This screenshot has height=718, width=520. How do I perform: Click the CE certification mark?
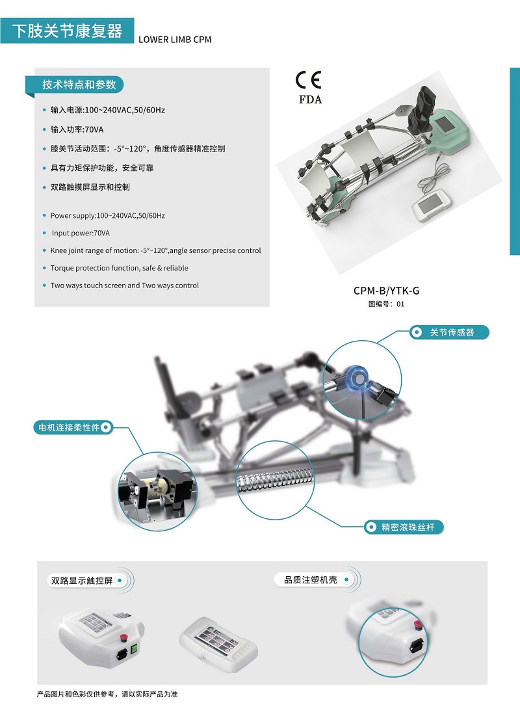(x=308, y=80)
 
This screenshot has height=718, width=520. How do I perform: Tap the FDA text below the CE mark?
(x=310, y=100)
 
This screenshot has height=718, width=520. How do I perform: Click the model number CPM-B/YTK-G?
(x=386, y=290)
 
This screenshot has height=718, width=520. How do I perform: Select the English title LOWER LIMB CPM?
(x=175, y=40)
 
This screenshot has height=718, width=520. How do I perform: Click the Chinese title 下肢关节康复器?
(x=68, y=31)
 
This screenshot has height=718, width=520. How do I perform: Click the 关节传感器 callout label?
(x=451, y=332)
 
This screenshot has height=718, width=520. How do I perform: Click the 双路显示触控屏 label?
(x=82, y=581)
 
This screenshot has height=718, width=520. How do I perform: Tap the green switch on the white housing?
(x=134, y=649)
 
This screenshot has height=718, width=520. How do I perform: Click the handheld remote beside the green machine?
(x=432, y=206)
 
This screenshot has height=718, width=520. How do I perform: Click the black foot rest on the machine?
(x=420, y=110)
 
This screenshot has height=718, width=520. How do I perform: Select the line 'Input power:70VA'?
(x=81, y=233)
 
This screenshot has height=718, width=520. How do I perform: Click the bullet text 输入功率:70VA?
(x=77, y=129)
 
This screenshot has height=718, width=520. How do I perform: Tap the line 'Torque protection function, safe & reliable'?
(x=119, y=268)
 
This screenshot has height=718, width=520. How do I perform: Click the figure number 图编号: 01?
(x=386, y=304)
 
